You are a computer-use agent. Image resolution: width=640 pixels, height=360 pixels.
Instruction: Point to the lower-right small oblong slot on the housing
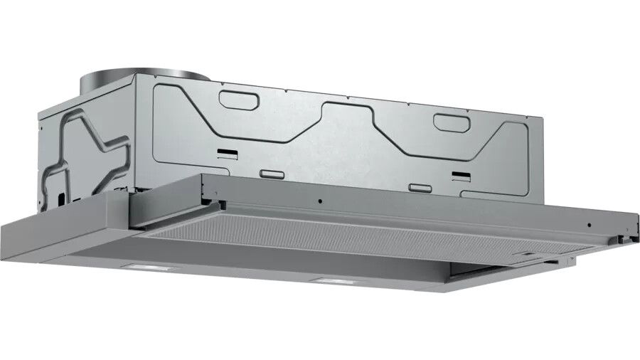(x=420, y=188)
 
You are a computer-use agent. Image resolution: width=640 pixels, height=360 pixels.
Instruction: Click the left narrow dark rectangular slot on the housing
(x=228, y=152)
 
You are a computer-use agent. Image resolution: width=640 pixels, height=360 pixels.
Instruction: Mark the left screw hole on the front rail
(x=319, y=201)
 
